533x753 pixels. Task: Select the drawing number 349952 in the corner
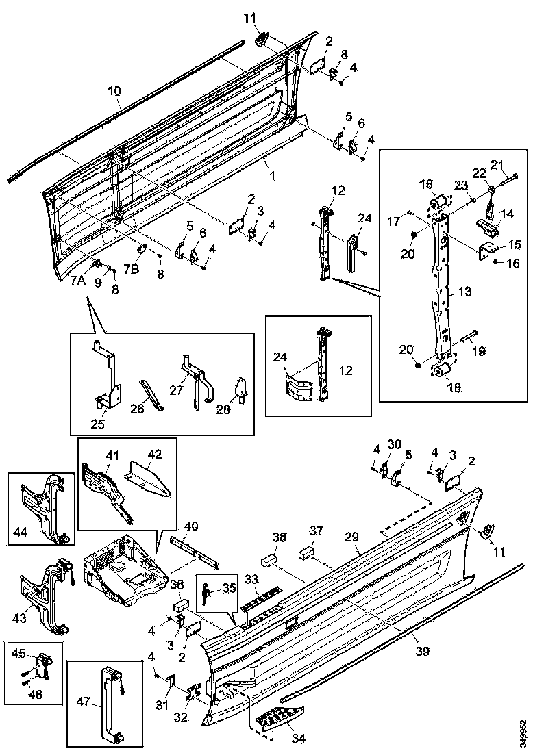tap(524, 730)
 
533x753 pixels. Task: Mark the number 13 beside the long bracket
tap(464, 292)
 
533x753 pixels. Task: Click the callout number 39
tap(423, 651)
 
